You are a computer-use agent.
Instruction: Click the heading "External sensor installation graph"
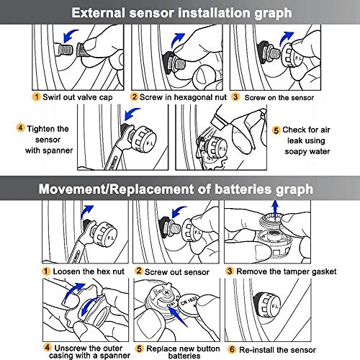tap(181, 13)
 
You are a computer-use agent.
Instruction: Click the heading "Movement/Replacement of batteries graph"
tap(176, 189)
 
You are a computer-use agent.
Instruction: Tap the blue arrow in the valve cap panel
tap(70, 35)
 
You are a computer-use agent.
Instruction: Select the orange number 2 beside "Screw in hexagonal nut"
tap(134, 96)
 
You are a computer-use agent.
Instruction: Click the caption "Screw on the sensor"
tap(279, 98)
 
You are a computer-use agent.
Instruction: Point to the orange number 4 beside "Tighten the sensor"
tap(20, 127)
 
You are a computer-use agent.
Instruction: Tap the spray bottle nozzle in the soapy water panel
tap(219, 121)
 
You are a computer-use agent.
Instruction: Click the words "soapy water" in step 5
tap(307, 151)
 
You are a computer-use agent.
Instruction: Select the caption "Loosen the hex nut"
tap(89, 271)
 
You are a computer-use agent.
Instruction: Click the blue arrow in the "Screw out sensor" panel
tap(179, 212)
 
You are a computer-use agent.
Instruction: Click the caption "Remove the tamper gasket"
tap(287, 271)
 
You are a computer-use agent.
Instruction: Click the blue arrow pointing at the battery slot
tap(177, 316)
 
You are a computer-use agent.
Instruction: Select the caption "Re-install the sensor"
tap(277, 350)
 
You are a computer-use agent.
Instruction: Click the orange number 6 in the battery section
tap(232, 349)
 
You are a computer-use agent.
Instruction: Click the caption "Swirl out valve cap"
tap(78, 97)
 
